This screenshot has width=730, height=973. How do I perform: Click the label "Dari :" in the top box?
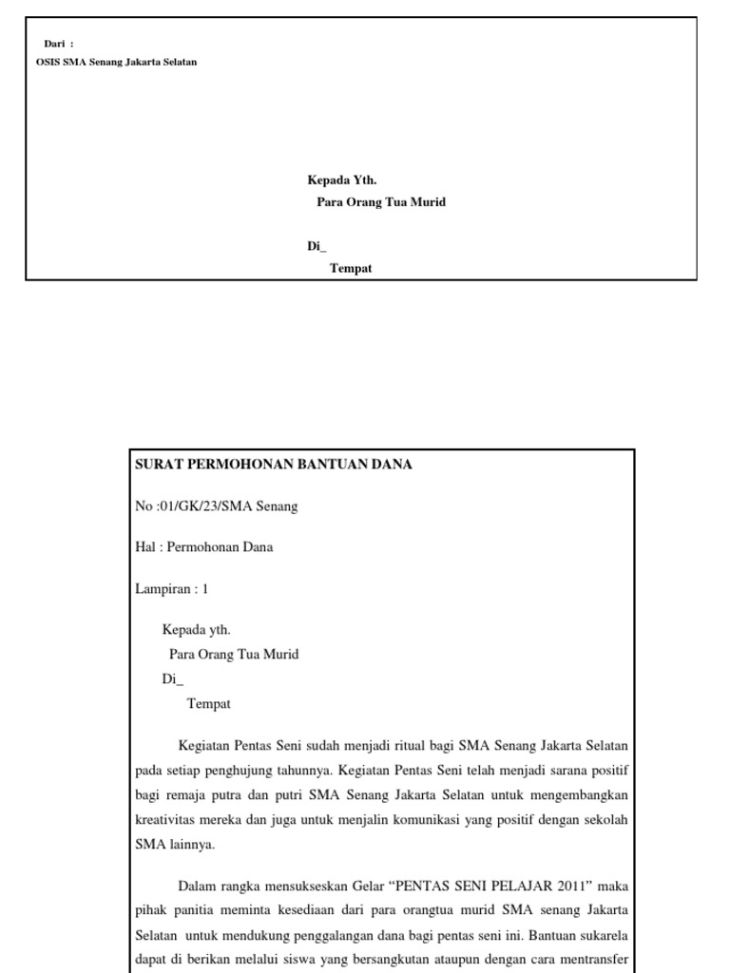pos(59,44)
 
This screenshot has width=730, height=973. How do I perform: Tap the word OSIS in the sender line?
pos(47,62)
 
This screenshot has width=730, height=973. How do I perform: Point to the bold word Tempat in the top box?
pos(351,268)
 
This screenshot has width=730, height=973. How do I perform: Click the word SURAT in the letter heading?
pos(160,465)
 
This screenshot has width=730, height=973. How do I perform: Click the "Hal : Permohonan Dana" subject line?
pos(204,547)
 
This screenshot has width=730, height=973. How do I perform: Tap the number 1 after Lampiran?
pos(204,589)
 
